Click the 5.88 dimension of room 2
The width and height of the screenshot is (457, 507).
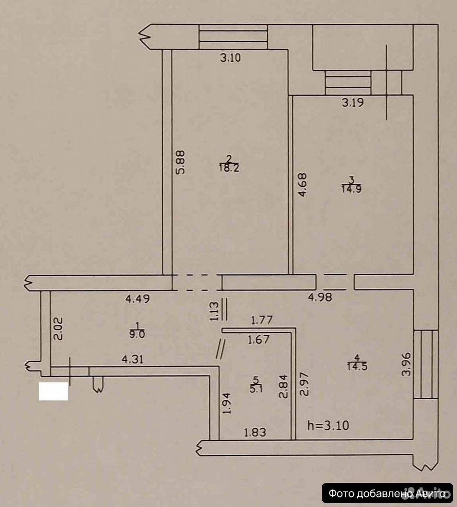[180, 162]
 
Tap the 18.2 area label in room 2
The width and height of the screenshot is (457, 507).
[229, 168]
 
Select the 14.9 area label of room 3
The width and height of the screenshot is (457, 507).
[351, 189]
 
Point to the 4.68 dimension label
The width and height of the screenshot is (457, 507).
[302, 185]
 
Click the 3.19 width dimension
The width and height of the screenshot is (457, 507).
[353, 102]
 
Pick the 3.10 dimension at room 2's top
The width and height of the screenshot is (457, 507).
[230, 58]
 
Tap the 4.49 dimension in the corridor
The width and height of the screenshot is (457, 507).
[138, 298]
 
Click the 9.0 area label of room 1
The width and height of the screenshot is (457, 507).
[137, 334]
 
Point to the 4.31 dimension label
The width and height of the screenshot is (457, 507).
[133, 359]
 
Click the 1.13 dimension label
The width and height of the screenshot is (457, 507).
[214, 311]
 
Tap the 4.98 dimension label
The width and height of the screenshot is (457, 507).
[320, 297]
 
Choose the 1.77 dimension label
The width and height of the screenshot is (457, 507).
[262, 320]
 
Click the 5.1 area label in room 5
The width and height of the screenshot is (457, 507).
[256, 388]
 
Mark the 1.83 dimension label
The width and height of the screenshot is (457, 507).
[255, 432]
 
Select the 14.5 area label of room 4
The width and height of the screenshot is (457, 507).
[357, 367]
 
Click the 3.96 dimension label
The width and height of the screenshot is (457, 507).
[406, 364]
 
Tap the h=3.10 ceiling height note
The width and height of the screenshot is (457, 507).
[328, 426]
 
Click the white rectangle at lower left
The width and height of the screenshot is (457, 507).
[53, 391]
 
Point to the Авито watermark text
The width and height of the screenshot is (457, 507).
[432, 494]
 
